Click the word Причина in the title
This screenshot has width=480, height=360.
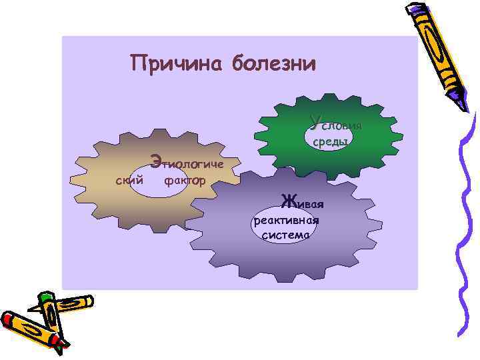point(177,64)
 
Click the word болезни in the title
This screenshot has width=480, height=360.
point(274,64)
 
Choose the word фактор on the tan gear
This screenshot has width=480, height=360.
point(185,181)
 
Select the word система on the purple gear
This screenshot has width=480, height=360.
point(286,235)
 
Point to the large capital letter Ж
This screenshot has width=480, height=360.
point(289,200)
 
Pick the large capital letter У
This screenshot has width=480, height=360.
point(315,122)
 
